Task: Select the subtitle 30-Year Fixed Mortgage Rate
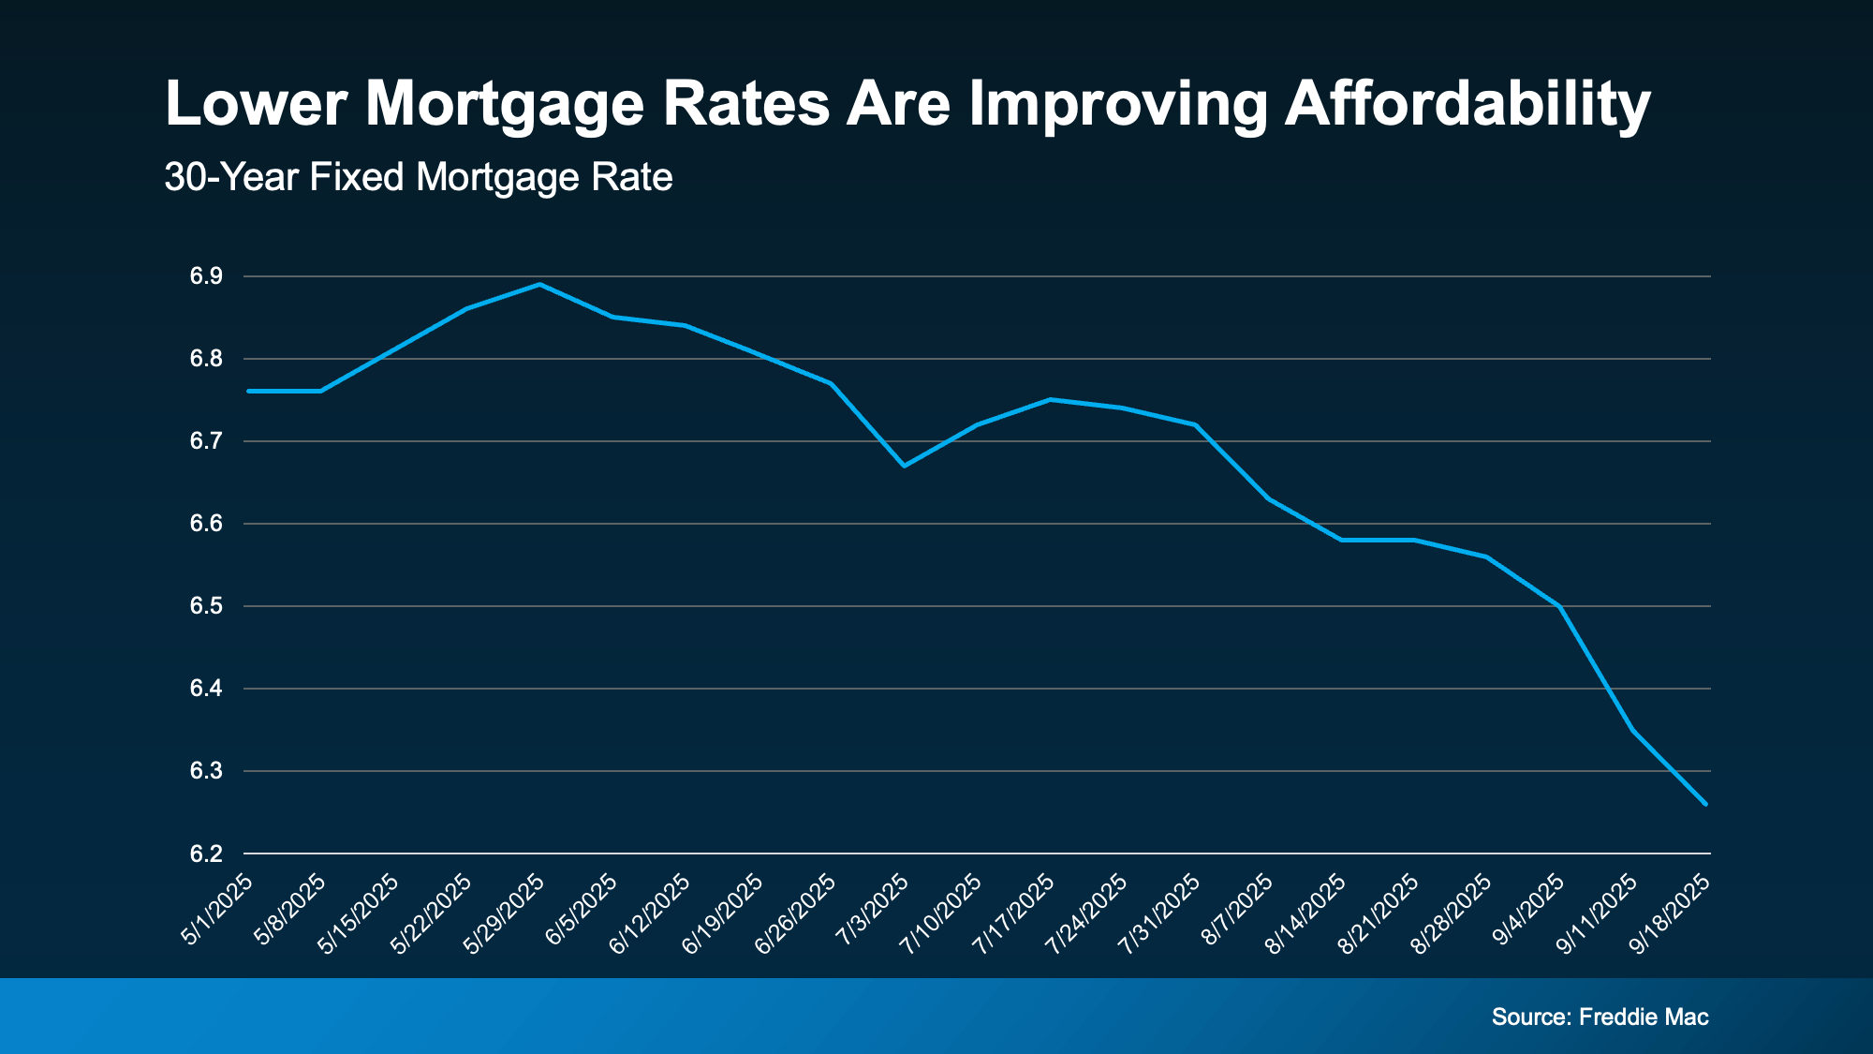tap(418, 177)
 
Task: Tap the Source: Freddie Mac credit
tap(1600, 1017)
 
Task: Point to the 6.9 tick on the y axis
tap(206, 276)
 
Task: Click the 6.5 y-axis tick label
tap(206, 606)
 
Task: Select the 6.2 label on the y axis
tap(206, 854)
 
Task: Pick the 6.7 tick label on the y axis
tap(206, 441)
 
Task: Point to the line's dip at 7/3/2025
tap(904, 466)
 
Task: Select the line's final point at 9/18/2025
tap(1705, 804)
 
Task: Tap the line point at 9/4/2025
tap(1559, 606)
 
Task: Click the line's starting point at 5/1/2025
tap(249, 391)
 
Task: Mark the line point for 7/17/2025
tap(1050, 399)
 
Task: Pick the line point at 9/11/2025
tap(1632, 730)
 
